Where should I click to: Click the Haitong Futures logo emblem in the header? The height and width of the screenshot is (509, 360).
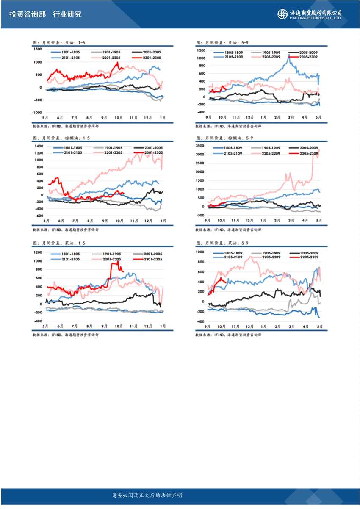282,14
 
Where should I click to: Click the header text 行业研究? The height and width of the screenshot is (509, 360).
67,14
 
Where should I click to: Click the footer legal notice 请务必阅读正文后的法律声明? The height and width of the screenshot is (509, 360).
147,495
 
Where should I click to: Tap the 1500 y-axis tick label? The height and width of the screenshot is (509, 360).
38,49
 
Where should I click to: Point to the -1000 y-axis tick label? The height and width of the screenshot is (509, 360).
37,113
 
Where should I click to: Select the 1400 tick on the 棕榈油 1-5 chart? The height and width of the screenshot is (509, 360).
38,146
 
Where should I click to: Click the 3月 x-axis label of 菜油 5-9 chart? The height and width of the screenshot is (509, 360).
291,327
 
